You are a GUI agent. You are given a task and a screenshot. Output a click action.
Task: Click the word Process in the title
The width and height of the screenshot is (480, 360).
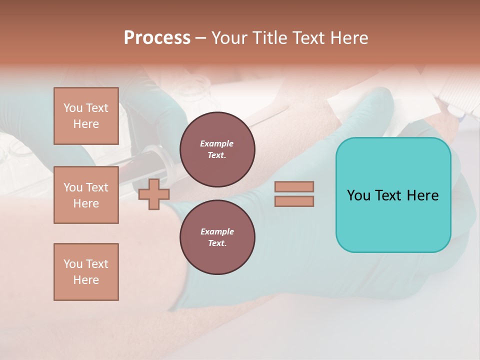(x=157, y=38)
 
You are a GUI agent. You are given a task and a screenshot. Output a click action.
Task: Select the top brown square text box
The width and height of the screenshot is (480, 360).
(x=86, y=116)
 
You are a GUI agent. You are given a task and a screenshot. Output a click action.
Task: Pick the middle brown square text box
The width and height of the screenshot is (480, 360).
(x=86, y=195)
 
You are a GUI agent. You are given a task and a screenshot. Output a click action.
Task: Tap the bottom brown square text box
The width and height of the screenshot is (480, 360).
(x=86, y=272)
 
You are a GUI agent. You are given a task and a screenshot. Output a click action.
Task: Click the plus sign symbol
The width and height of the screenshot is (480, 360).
(x=153, y=194)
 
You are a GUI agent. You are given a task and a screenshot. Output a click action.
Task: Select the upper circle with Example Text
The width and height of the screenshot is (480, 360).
(x=217, y=149)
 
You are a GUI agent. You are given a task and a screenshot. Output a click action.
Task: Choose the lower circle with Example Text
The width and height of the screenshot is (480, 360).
(x=217, y=237)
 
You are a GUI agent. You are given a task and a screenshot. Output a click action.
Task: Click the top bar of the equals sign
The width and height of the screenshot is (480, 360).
(x=294, y=186)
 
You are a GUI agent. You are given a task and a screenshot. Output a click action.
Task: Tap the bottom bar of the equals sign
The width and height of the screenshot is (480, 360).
(x=294, y=201)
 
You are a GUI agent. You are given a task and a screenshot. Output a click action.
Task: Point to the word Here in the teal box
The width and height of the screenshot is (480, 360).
(x=423, y=195)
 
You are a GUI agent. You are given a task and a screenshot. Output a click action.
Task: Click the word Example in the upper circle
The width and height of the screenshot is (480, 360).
(x=217, y=143)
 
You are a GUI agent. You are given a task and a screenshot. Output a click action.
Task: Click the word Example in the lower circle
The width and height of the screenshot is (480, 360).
(x=217, y=231)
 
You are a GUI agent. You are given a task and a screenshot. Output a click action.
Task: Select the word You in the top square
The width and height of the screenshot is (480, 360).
(x=73, y=108)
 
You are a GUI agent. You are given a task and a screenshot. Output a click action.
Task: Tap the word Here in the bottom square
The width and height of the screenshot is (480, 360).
(x=86, y=280)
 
